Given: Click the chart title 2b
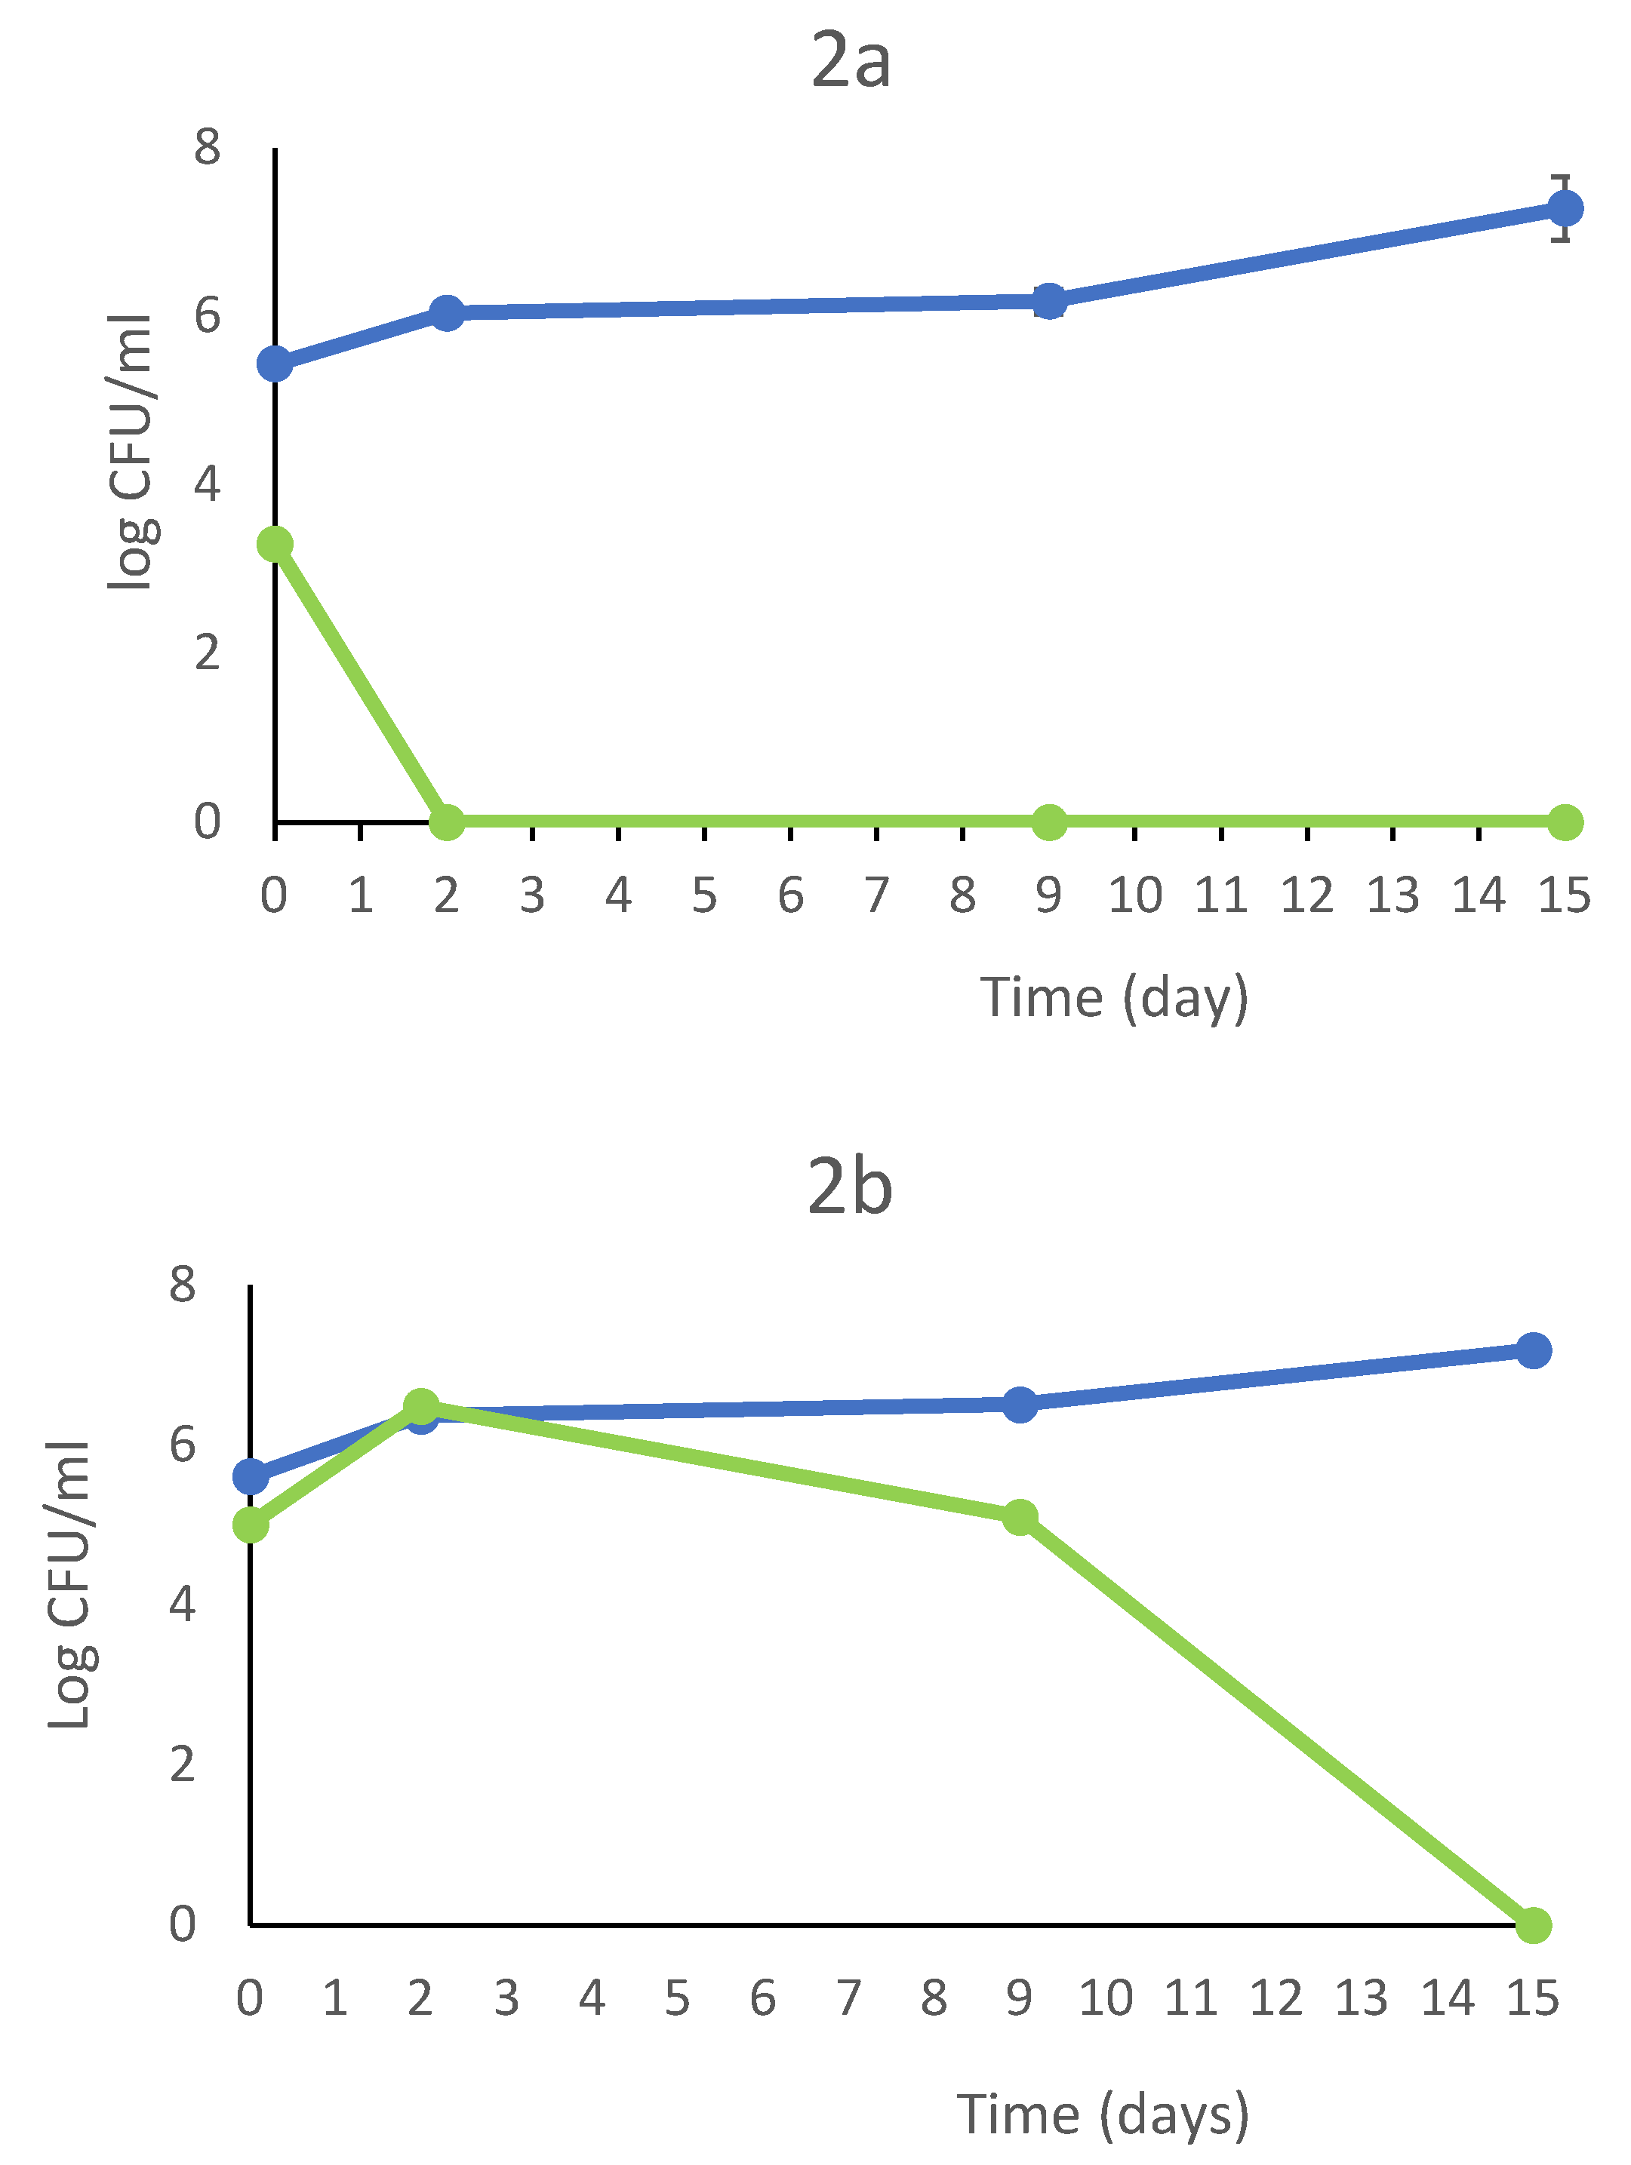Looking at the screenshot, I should pos(850,1187).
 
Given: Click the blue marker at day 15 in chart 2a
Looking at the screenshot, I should pos(1565,208).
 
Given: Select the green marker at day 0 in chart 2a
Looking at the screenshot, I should pos(275,544).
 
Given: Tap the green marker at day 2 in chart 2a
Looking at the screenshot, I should pos(446,822).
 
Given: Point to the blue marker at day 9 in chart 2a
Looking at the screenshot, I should pos(1048,302).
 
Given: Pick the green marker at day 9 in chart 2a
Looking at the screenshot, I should pos(1048,822).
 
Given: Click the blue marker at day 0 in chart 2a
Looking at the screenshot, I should pos(275,364).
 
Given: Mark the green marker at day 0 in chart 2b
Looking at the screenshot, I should pos(251,1525).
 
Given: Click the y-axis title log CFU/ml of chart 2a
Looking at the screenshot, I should pos(131,452).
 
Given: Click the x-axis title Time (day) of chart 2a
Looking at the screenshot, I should pos(1115,998).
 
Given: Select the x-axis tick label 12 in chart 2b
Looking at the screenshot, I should pos(1276,1998).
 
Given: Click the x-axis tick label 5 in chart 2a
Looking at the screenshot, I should pos(704,895).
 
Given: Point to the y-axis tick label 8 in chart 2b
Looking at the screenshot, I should pos(182,1283).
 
